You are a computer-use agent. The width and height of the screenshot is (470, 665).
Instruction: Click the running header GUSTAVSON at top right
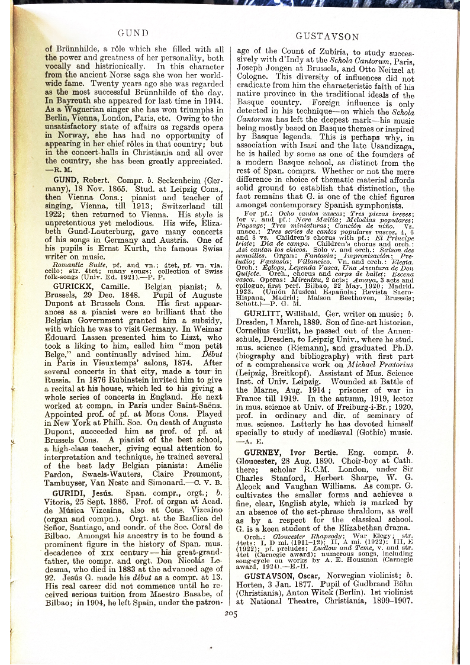(x=327, y=37)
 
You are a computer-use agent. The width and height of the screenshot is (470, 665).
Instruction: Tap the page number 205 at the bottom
(x=231, y=613)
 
